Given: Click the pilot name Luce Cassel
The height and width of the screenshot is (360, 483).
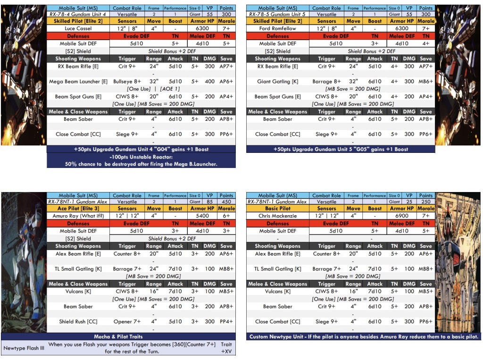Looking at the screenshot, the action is (x=78, y=28).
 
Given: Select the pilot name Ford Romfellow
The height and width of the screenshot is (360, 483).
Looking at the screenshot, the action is (x=277, y=28).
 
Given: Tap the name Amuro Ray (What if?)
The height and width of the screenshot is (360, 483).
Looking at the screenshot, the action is (x=78, y=216).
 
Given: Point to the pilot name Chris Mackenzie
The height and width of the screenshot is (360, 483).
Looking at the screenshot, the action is (x=277, y=216).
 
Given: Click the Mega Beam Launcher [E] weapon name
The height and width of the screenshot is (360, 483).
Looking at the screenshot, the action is (x=78, y=81).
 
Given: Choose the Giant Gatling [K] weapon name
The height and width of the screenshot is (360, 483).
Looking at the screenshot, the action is (x=277, y=81).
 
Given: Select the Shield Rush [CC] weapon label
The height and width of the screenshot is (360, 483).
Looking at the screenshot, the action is (x=78, y=321).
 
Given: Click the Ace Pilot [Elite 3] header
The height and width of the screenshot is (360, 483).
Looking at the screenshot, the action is (x=78, y=209).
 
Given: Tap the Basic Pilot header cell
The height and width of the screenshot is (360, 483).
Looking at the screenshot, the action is (x=277, y=209).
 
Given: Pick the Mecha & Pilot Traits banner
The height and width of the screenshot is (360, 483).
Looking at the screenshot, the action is (x=118, y=336).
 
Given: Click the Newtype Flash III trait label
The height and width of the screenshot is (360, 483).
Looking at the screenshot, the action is (x=24, y=348).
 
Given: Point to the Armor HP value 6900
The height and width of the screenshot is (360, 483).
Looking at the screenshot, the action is (x=402, y=216).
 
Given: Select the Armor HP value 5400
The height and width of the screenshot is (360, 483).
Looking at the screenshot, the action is (x=202, y=216).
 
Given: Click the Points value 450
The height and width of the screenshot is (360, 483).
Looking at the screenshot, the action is (x=226, y=201).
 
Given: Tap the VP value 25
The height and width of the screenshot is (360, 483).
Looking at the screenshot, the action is (x=409, y=201).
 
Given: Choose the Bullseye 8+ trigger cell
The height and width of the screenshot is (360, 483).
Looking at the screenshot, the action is (x=127, y=81).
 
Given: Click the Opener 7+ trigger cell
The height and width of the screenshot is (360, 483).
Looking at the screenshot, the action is (x=127, y=321).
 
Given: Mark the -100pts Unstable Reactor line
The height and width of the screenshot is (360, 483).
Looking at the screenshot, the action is (x=141, y=157).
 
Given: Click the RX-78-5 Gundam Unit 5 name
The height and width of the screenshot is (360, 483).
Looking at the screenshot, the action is (x=277, y=14).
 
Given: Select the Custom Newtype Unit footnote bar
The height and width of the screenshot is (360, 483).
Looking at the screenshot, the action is (x=364, y=336).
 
